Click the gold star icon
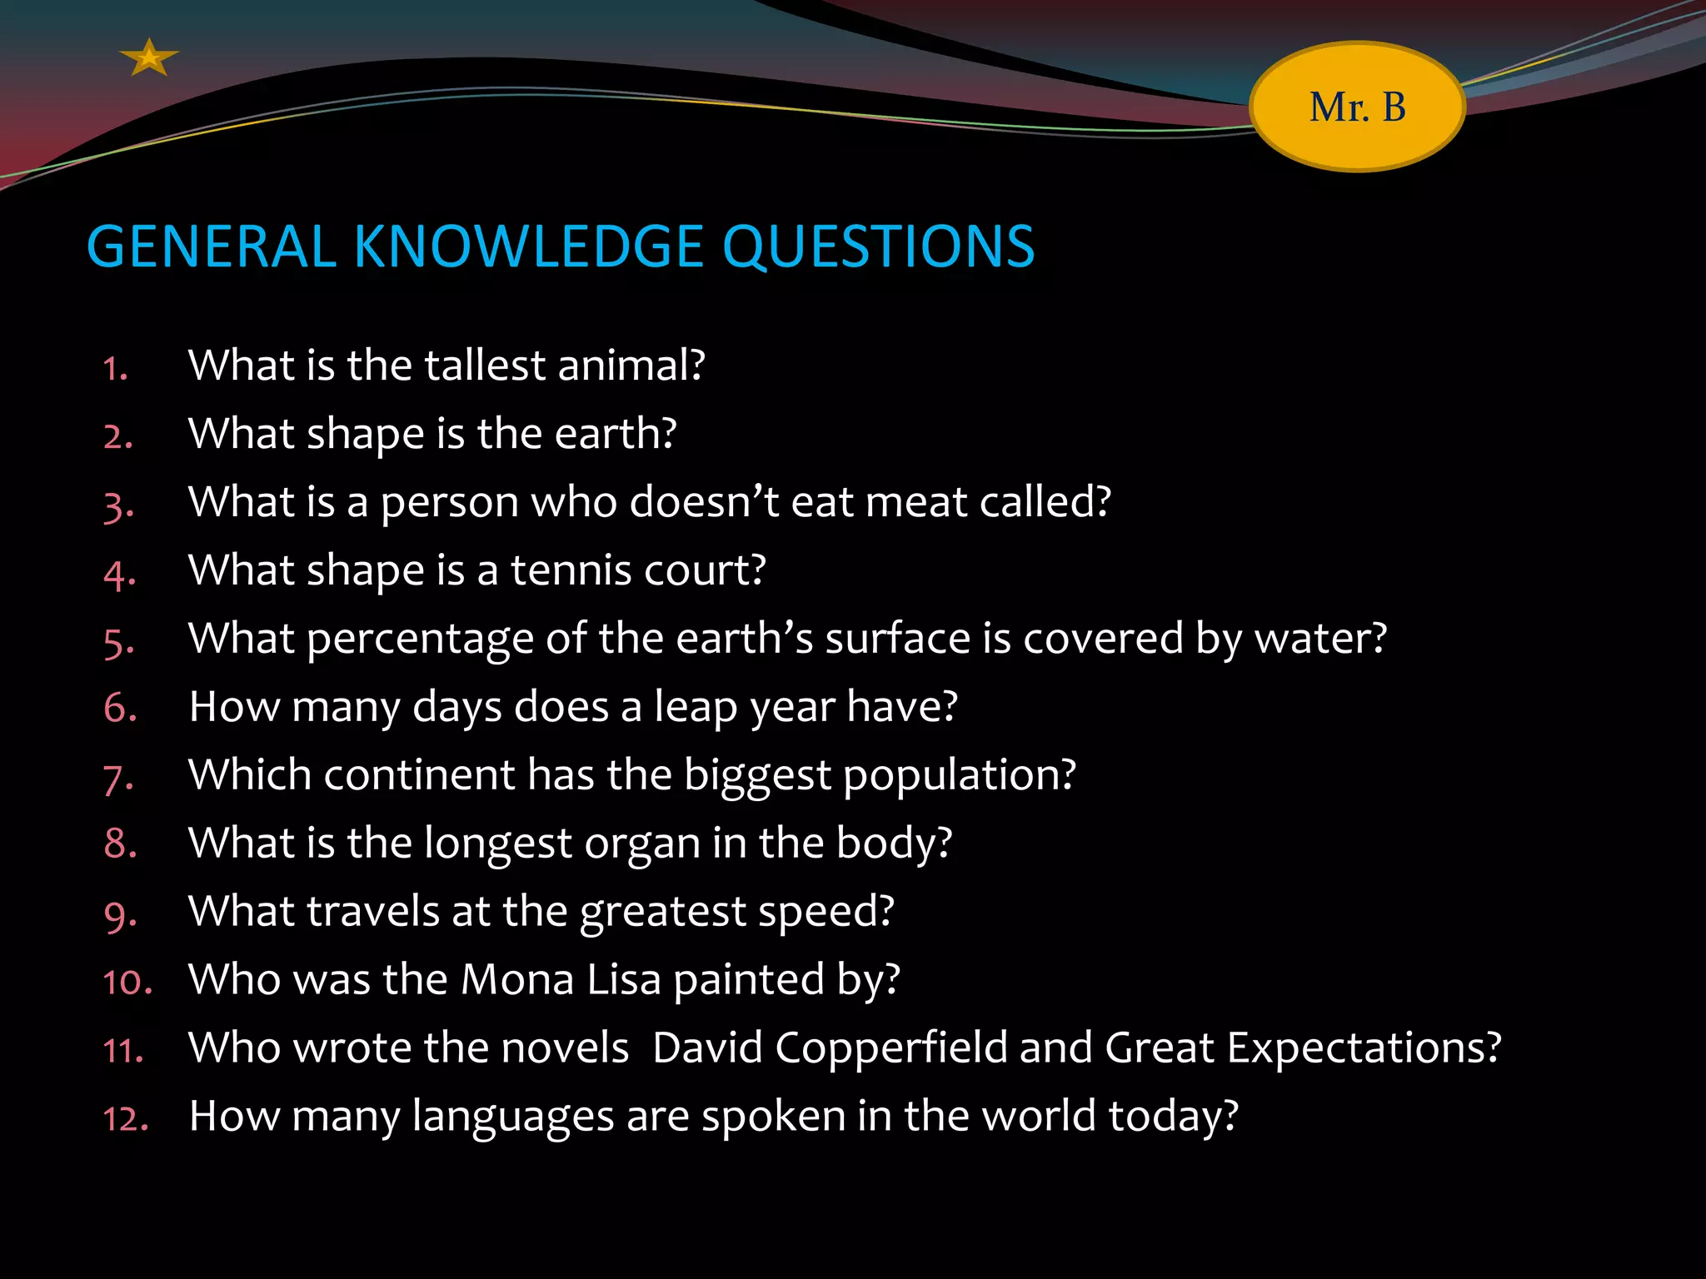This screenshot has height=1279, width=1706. point(148,58)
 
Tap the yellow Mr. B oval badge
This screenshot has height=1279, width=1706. point(1357,107)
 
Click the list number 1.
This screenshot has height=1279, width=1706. point(115,368)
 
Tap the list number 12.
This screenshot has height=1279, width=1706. point(125,1118)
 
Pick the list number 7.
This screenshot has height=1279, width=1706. point(117,778)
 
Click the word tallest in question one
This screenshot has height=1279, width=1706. point(485,365)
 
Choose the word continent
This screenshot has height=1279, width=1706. point(420,775)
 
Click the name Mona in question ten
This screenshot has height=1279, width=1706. point(517,979)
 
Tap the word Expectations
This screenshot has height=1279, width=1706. point(1363,1048)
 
